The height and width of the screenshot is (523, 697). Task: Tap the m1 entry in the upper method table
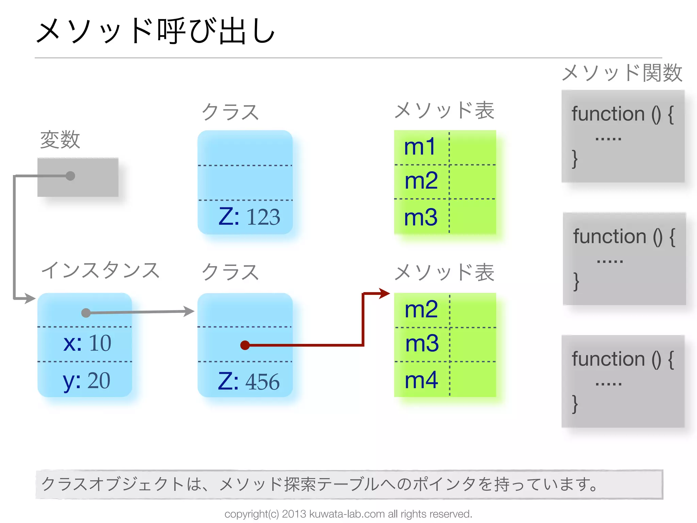(x=420, y=147)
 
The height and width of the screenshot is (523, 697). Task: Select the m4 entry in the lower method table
(x=421, y=380)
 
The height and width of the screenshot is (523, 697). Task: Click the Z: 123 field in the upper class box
(x=249, y=217)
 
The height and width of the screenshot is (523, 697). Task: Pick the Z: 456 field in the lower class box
(x=249, y=381)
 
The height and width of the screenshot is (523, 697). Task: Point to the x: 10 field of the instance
(x=87, y=343)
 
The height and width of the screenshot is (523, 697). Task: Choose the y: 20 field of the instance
(x=86, y=380)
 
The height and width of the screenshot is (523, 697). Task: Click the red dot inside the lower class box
(x=245, y=345)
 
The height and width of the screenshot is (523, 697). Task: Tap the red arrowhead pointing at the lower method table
(x=385, y=293)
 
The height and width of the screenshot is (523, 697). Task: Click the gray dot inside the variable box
(x=70, y=176)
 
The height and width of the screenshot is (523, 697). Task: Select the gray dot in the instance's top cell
(x=86, y=313)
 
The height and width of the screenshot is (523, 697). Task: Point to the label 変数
(x=60, y=140)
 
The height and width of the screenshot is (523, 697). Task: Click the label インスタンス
(x=100, y=270)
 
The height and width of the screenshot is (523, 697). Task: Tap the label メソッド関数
(x=622, y=73)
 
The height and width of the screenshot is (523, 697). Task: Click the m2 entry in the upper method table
(x=421, y=181)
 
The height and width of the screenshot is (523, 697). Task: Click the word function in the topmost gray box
(x=608, y=114)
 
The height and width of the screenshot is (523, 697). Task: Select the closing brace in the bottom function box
(x=575, y=404)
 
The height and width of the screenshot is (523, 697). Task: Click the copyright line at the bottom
(x=348, y=514)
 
